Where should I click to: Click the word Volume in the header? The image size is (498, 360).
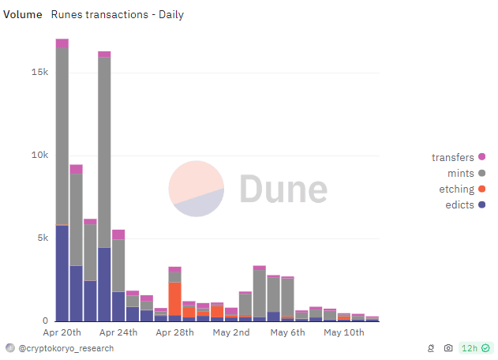pos(23,14)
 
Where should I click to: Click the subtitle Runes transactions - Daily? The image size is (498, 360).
pos(117,14)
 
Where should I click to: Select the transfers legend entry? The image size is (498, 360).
pos(453,157)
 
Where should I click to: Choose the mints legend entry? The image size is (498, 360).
pos(458,173)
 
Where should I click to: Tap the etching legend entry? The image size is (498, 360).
pos(456,189)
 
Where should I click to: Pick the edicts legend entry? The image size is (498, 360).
pos(458,205)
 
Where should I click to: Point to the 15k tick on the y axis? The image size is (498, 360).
pos(39,72)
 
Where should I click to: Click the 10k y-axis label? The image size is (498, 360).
pos(39,155)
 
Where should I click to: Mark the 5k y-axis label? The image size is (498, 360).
pos(42,238)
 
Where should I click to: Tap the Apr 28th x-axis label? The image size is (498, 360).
pos(174,332)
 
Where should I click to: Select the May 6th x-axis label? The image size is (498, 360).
pos(287,332)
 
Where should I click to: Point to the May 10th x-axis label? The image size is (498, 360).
pos(344,332)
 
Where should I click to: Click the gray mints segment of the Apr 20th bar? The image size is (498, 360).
pos(62,134)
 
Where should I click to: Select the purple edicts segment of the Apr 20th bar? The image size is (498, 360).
pos(62,272)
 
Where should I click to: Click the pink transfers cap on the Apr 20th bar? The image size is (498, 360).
pos(62,43)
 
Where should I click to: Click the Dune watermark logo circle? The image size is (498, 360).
pos(196,189)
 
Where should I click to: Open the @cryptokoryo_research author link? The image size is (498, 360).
pos(65,348)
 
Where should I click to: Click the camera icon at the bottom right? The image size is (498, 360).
pos(448,348)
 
